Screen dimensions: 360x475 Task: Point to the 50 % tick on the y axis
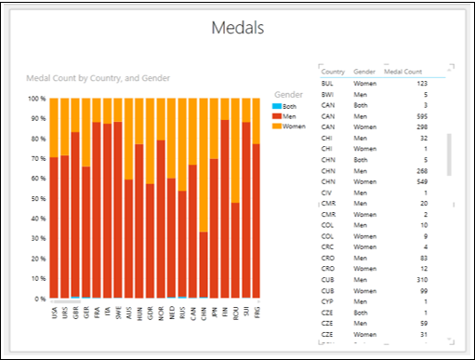click(x=37, y=199)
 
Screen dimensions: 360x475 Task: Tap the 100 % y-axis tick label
click(x=36, y=99)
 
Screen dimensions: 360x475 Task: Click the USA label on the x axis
click(x=54, y=314)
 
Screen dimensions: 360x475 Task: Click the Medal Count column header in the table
click(x=404, y=72)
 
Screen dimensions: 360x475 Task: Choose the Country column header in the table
click(x=333, y=72)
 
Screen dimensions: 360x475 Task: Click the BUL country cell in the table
click(x=328, y=84)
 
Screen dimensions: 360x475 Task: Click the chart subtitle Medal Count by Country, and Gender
click(x=98, y=77)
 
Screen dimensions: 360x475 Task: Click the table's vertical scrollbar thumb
click(x=450, y=154)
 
